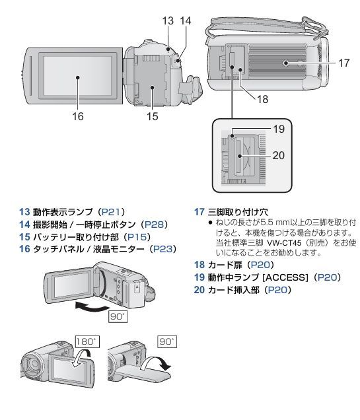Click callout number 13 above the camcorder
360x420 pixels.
[x=168, y=21]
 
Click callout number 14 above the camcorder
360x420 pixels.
[x=186, y=21]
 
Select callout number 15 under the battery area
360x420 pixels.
[x=153, y=118]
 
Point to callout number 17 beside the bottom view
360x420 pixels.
[x=343, y=63]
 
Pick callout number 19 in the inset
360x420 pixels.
[x=279, y=129]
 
